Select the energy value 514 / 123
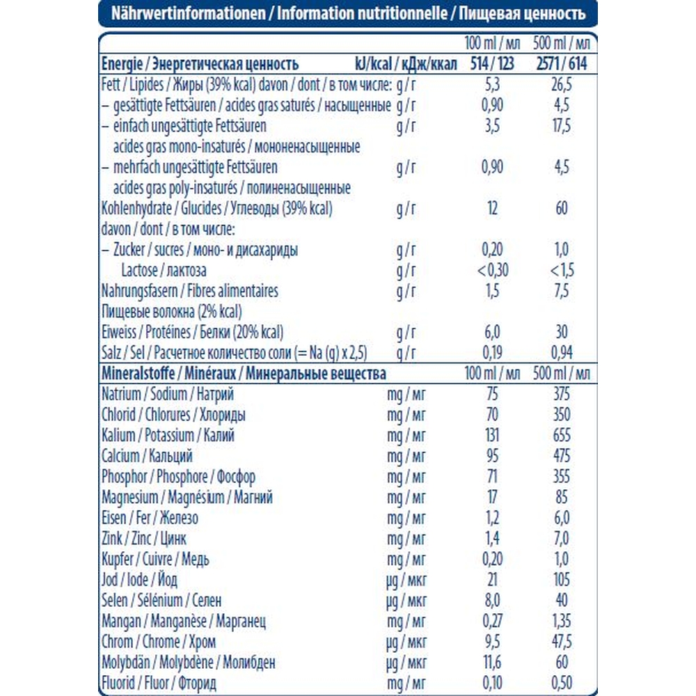pyautogui.click(x=492, y=65)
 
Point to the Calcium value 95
pyautogui.click(x=492, y=457)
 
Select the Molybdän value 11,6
pyautogui.click(x=492, y=662)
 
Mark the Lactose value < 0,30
pyautogui.click(x=492, y=271)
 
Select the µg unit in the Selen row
pyautogui.click(x=393, y=600)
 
